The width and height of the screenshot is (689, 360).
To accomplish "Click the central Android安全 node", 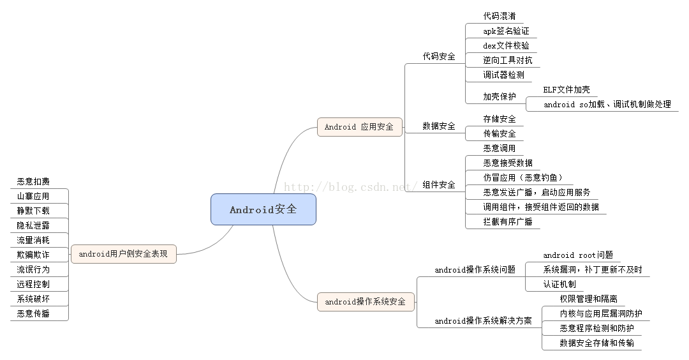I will [x=263, y=209].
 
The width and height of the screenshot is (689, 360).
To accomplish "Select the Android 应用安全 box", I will [x=359, y=126].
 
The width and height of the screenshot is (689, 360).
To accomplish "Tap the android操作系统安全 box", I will [x=366, y=301].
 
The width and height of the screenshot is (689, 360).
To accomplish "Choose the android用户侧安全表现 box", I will [x=123, y=254].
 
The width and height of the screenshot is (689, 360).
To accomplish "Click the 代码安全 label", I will [x=439, y=56].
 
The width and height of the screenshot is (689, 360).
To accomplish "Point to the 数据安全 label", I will [x=439, y=126].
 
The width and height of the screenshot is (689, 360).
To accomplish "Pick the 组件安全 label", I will [x=439, y=185].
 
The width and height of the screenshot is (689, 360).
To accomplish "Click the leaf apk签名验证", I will [x=506, y=31].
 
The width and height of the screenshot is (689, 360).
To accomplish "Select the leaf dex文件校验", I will [x=506, y=45].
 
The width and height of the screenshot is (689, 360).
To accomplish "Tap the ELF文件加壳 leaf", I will [x=567, y=90].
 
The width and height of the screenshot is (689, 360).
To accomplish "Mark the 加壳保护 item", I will [x=500, y=97].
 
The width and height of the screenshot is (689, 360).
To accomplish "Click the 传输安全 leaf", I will [x=500, y=133].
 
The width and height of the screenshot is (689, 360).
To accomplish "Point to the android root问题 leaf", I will [x=578, y=255].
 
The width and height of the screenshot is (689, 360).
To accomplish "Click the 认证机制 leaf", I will [x=559, y=284].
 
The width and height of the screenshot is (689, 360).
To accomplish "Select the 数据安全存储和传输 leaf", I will [x=597, y=343].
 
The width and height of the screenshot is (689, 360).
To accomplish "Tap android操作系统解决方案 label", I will [x=483, y=321].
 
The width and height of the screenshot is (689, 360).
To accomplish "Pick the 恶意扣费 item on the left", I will [x=33, y=182].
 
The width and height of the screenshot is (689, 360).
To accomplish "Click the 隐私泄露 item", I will [x=33, y=225].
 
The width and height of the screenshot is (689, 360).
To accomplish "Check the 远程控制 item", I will [x=33, y=284].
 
